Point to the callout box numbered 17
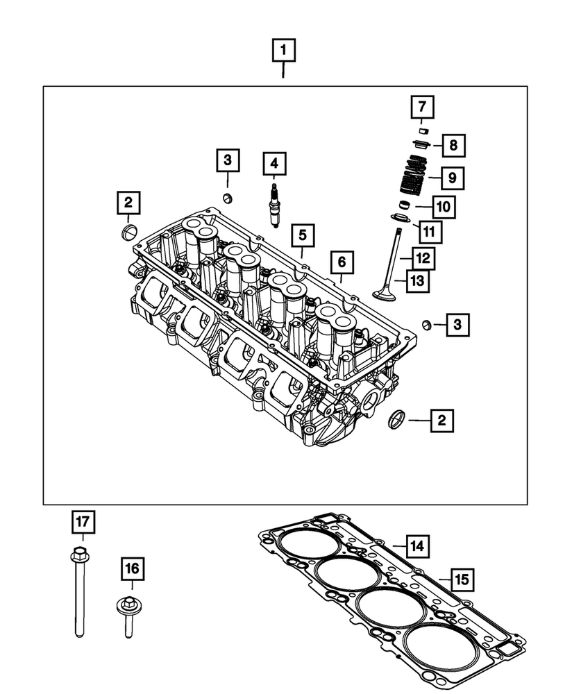(83, 520)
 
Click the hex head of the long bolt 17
(78, 555)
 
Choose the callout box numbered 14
(417, 546)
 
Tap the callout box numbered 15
(462, 577)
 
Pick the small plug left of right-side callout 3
(428, 324)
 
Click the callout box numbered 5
(302, 235)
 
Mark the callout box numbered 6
(342, 263)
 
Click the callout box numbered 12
(423, 258)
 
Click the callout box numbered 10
(444, 205)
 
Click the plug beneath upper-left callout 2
(128, 230)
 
